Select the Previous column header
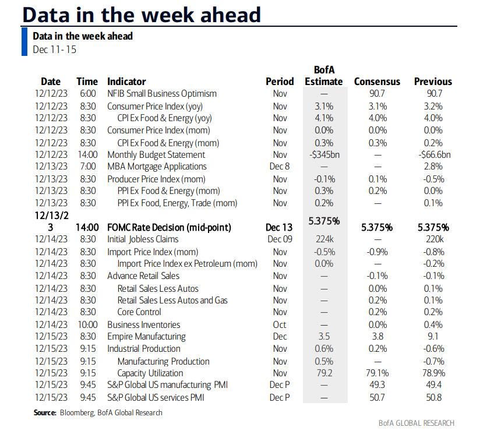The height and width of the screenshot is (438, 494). click(x=433, y=82)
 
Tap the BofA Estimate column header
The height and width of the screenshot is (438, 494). click(x=324, y=76)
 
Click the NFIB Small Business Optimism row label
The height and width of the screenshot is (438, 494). click(x=161, y=94)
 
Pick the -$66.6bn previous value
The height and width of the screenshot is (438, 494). click(x=434, y=155)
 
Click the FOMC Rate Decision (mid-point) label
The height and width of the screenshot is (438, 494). click(x=170, y=227)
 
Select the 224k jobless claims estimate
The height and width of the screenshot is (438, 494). click(x=324, y=239)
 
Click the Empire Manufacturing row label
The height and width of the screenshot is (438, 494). click(x=146, y=337)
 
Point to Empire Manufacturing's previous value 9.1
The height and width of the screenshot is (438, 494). click(x=434, y=337)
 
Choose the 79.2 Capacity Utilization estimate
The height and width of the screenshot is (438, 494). click(x=324, y=373)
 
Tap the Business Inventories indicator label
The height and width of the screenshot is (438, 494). click(x=143, y=324)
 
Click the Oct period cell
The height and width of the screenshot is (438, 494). click(x=280, y=324)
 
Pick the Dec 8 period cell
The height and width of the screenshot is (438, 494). click(x=280, y=167)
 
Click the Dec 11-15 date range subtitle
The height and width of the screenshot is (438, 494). click(x=54, y=50)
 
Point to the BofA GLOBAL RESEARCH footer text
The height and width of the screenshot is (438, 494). click(x=416, y=423)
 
